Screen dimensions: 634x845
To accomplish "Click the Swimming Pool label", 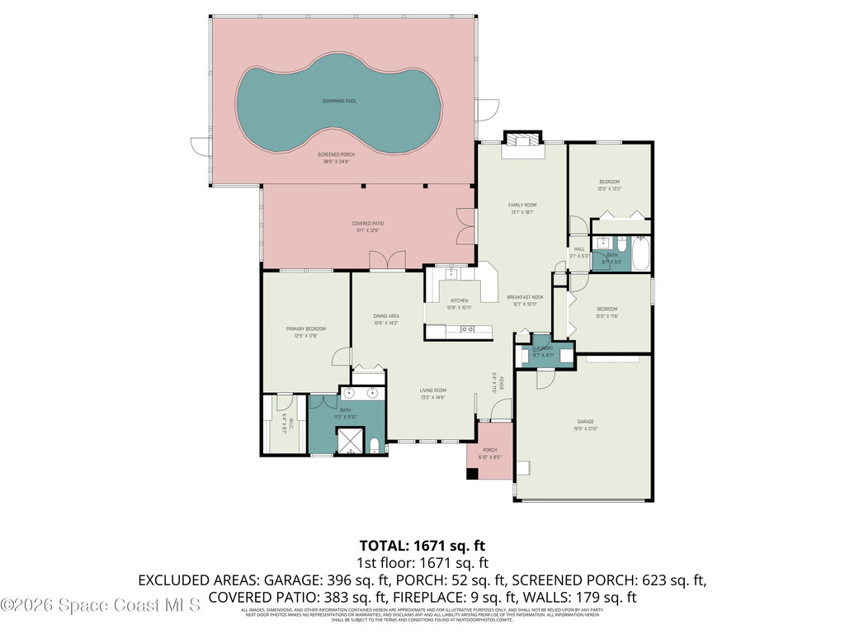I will (339, 102).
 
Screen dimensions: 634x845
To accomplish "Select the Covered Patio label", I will (367, 223).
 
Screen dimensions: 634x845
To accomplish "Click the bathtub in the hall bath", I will (640, 253).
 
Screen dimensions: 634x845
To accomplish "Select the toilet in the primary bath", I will (375, 446).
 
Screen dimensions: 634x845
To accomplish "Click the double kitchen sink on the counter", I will (467, 329).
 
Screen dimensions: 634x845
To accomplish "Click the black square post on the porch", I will (472, 474).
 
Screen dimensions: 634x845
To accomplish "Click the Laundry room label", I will (543, 348).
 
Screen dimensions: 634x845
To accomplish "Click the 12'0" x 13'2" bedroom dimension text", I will (608, 189).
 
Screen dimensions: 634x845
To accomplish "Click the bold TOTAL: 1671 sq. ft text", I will (422, 546).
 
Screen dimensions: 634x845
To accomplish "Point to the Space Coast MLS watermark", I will (101, 605).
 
